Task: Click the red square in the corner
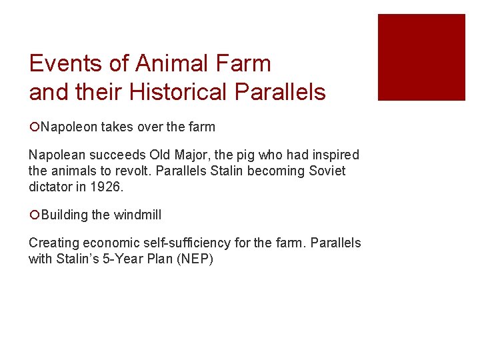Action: pyautogui.click(x=421, y=57)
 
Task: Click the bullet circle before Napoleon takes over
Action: pyautogui.click(x=34, y=127)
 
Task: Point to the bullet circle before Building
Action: pyautogui.click(x=34, y=215)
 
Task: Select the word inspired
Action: pyautogui.click(x=335, y=155)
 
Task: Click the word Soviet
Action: pyautogui.click(x=327, y=171)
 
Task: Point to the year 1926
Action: pyautogui.click(x=110, y=186)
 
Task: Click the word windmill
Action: pyautogui.click(x=137, y=215)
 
